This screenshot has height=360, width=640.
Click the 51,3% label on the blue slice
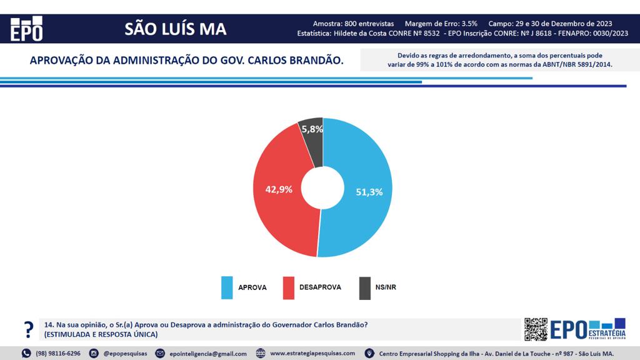coord(369,192)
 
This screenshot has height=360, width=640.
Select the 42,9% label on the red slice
coord(279,189)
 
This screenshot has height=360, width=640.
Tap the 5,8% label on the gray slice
coord(312,129)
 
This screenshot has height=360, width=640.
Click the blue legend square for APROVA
coord(227,287)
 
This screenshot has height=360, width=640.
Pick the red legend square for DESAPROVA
coord(288,287)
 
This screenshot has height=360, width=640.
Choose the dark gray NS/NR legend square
coord(364,287)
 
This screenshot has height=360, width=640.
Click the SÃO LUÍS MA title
coord(176,29)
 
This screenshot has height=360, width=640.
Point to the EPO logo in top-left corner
coord(27,29)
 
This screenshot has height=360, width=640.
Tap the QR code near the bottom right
coord(536,329)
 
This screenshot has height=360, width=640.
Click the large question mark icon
coord(28,329)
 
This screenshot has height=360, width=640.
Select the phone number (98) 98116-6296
coord(58,353)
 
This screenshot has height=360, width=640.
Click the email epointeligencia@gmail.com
coord(208,354)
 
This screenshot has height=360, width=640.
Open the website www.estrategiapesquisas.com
coord(312,353)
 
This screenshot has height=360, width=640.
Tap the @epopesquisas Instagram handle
coord(125,353)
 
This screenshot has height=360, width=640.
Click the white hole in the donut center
coord(322,188)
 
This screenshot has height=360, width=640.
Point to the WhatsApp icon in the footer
coord(26,354)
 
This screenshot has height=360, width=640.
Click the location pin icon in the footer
coord(369,354)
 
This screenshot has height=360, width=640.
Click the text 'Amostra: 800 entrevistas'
coord(353,24)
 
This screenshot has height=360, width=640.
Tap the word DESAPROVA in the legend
coord(320,287)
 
